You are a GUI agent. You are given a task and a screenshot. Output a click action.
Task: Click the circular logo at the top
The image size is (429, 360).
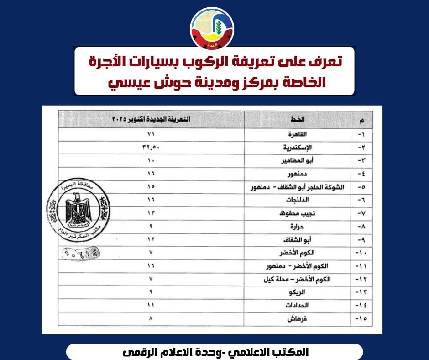[x=212, y=29]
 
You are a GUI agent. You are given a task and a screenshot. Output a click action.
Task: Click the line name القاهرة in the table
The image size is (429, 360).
[x=297, y=135]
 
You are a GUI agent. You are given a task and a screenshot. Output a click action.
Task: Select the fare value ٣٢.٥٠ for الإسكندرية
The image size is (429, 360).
[x=151, y=148]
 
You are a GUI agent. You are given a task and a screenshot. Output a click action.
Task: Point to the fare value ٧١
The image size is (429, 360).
[x=151, y=135]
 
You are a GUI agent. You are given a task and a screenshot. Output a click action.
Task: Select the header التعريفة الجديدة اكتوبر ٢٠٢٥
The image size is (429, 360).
[x=151, y=120]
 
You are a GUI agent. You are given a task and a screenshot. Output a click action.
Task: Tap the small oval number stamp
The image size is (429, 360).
[x=80, y=251]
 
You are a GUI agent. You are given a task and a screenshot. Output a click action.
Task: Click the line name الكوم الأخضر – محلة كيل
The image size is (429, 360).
[x=297, y=279]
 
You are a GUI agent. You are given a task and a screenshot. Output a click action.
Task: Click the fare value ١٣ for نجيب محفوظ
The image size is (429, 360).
[x=151, y=213]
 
